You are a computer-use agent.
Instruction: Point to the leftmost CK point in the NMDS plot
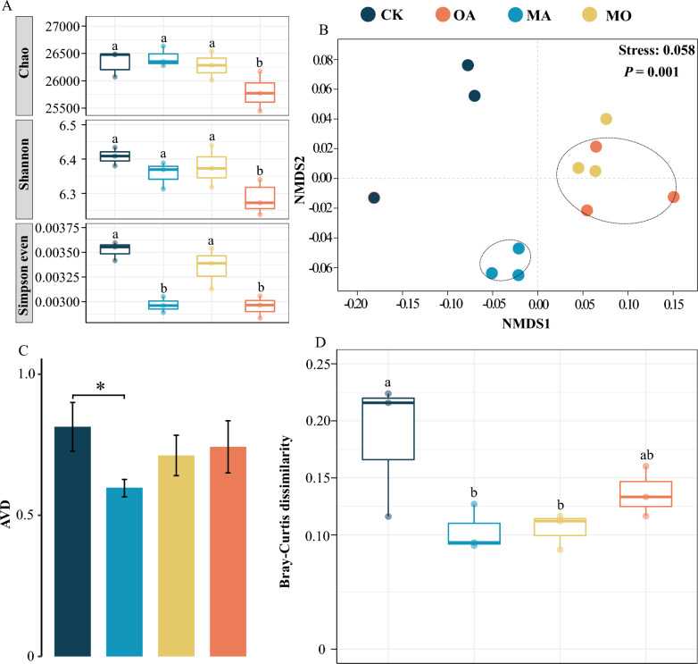coord(374,198)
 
